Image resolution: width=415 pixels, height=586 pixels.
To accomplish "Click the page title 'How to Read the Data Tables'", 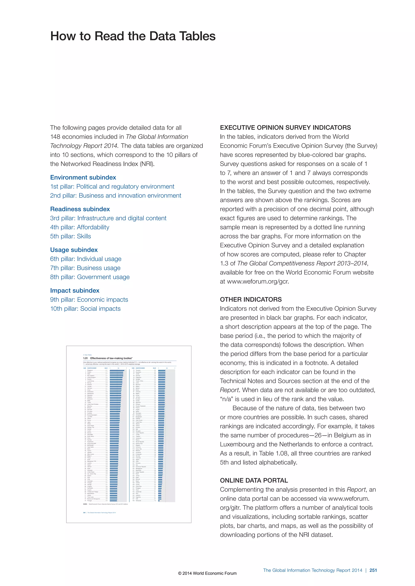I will [133, 36].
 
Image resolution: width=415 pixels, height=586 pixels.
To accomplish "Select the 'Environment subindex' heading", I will [83, 177].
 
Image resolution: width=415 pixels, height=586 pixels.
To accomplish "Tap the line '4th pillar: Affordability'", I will [79, 227].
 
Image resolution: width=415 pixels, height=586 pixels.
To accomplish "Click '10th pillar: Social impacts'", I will [85, 309].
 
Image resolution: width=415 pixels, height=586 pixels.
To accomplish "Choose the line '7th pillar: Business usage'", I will [85, 268].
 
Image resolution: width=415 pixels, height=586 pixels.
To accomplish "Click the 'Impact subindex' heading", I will [75, 290].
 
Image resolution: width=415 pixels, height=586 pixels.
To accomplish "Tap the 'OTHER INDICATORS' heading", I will [251, 299].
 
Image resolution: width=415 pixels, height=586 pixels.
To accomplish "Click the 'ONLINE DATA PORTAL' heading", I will [254, 480].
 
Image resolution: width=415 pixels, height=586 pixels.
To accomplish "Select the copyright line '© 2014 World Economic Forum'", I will [207, 573].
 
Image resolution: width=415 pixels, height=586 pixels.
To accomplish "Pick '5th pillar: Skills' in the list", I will [70, 236].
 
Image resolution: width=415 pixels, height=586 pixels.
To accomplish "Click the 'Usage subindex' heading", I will [74, 250].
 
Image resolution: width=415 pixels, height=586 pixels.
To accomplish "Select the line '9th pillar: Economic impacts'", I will [89, 300].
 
